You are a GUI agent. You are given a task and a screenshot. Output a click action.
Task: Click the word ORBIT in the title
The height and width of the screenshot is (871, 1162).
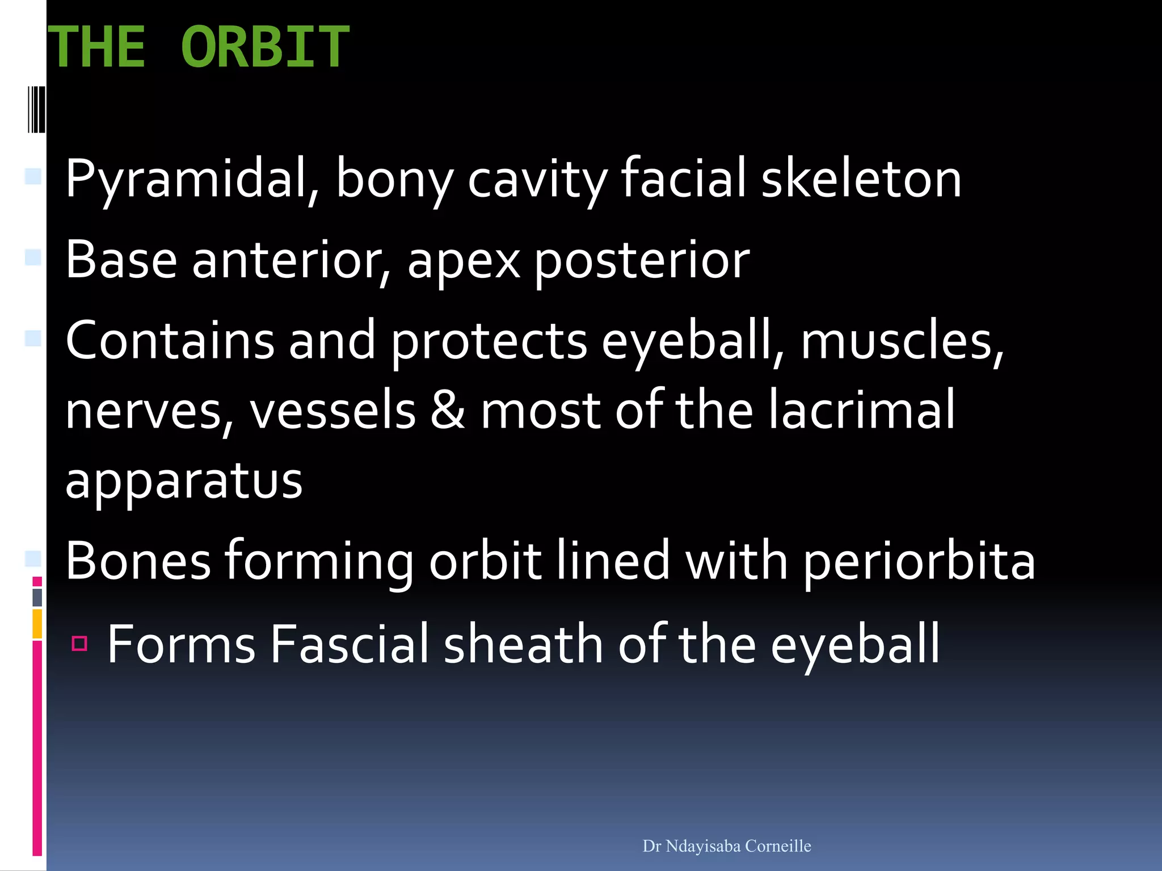[x=265, y=47]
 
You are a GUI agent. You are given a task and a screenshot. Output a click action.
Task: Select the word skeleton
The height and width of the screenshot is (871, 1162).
[x=861, y=179]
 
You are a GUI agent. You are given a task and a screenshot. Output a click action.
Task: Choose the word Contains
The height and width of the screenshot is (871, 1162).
[x=170, y=340]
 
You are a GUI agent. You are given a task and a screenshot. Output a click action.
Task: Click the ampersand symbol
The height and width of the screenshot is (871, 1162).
[x=448, y=411]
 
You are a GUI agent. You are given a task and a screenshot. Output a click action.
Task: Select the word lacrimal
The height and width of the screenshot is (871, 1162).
[x=862, y=409]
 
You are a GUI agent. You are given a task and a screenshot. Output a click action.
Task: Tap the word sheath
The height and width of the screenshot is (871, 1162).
[x=523, y=644]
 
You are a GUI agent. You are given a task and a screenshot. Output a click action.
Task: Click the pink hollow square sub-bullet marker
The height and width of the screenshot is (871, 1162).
[x=79, y=643]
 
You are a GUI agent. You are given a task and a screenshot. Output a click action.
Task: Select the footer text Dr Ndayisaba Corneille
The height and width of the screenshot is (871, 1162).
[x=726, y=846]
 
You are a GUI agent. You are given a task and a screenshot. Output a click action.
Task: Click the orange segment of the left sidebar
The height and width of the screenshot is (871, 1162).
[x=37, y=623]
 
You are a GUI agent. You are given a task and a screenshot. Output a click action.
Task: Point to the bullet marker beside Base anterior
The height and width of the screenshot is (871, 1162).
[x=33, y=258]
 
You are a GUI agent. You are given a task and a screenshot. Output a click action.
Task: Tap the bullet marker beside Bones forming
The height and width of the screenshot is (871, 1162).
[x=33, y=559]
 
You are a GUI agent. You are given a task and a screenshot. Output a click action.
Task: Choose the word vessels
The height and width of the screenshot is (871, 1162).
[x=332, y=411]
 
